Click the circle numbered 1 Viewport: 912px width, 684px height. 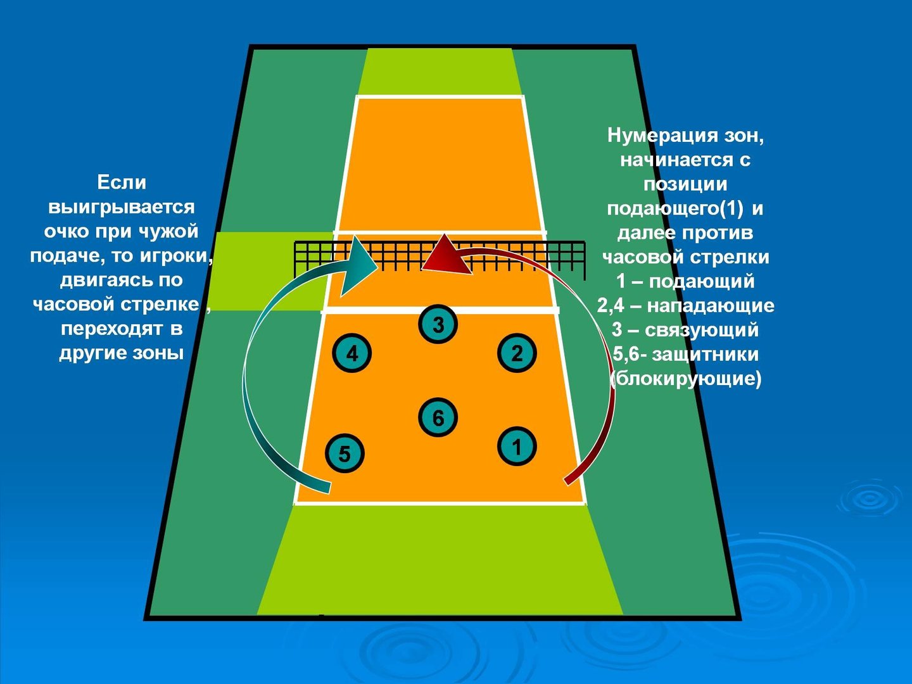coord(517,446)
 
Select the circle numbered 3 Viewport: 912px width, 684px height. coord(438,324)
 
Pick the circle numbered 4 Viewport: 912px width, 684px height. coord(351,353)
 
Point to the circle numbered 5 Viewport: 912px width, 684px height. coord(345,453)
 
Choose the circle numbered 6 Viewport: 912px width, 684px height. coord(438,417)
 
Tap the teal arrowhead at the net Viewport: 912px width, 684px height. coord(360,266)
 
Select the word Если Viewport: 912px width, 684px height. coord(122,182)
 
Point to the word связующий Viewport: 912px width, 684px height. coord(702,330)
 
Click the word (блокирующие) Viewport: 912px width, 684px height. coord(685,379)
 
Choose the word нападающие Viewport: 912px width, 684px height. coord(711,306)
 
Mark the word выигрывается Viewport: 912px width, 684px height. coord(122,207)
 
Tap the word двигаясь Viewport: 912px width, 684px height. coord(103,281)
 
